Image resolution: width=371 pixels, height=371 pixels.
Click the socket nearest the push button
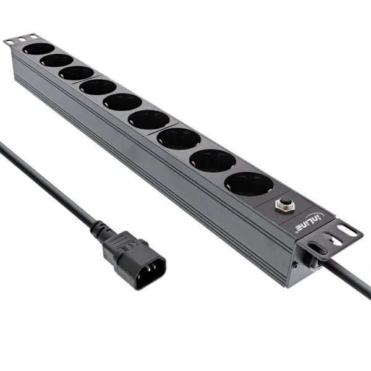click(248, 184)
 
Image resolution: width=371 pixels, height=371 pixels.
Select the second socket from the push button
click(212, 160)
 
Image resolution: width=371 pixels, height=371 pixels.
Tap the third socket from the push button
click(179, 139)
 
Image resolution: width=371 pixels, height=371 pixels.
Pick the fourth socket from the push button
click(149, 119)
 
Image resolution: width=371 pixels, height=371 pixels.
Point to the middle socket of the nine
click(122, 101)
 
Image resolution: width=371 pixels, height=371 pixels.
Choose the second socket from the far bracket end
click(57, 60)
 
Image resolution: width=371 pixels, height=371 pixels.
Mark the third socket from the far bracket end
click(77, 73)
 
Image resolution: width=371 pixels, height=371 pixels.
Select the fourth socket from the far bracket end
click(98, 87)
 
